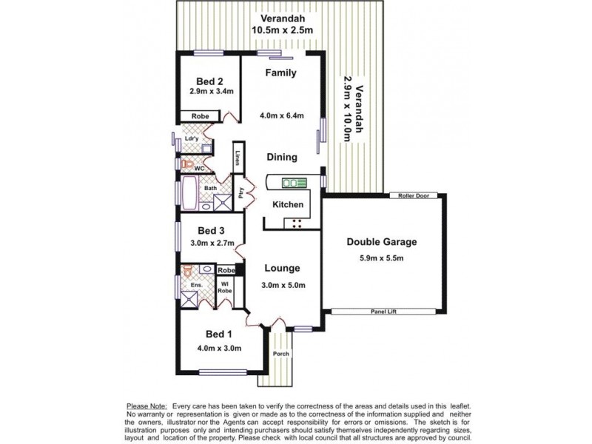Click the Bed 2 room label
click(x=209, y=81)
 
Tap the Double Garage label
click(x=382, y=242)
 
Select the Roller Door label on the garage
click(x=414, y=195)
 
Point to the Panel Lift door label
click(x=383, y=312)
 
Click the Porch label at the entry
click(x=281, y=354)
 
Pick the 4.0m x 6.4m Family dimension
click(x=282, y=115)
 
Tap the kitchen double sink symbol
click(x=294, y=183)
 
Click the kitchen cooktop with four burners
click(x=297, y=223)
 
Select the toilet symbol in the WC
click(x=187, y=164)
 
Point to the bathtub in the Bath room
click(x=189, y=193)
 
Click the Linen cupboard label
click(x=238, y=158)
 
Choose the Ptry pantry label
click(x=240, y=193)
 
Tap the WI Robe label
click(x=225, y=287)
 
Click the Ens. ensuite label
click(x=196, y=285)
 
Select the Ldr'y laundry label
click(x=192, y=138)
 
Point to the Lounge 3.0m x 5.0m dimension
click(x=283, y=286)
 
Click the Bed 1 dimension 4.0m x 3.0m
click(x=219, y=348)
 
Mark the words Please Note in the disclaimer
click(x=147, y=406)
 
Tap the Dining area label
click(x=282, y=157)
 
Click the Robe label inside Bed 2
click(x=200, y=116)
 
